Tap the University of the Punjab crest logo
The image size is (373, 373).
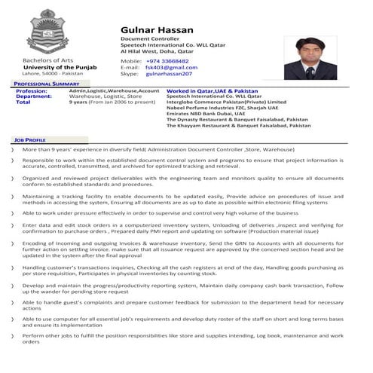[x=47, y=32]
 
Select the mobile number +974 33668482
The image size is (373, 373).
[x=167, y=61]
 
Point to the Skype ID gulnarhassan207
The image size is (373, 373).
[x=169, y=75]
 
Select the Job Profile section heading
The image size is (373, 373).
[x=29, y=140]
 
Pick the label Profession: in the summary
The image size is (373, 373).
[x=31, y=90]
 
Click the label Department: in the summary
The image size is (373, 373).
[x=34, y=96]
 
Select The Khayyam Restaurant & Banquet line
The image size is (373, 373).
[x=238, y=126]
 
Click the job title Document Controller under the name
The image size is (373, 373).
[x=151, y=38]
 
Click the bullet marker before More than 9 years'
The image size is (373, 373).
[x=12, y=151]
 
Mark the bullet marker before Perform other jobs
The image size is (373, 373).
[x=12, y=335]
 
